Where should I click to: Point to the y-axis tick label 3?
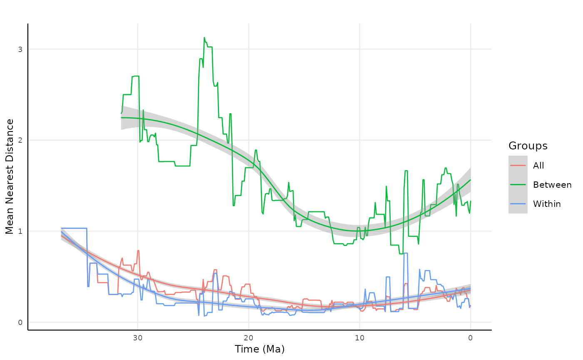(20, 49)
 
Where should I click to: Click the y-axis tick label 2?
(20, 140)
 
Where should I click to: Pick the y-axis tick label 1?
(20, 231)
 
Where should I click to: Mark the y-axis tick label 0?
(20, 322)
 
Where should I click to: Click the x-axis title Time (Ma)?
(259, 349)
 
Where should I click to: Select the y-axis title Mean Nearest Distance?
(10, 176)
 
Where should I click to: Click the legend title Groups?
(528, 146)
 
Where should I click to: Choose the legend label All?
(538, 166)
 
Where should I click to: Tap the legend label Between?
(552, 185)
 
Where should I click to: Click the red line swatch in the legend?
(518, 166)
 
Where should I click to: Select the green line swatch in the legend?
(518, 185)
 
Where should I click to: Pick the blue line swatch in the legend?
(518, 204)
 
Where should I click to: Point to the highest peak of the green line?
(204, 37)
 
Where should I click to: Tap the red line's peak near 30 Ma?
(138, 251)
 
